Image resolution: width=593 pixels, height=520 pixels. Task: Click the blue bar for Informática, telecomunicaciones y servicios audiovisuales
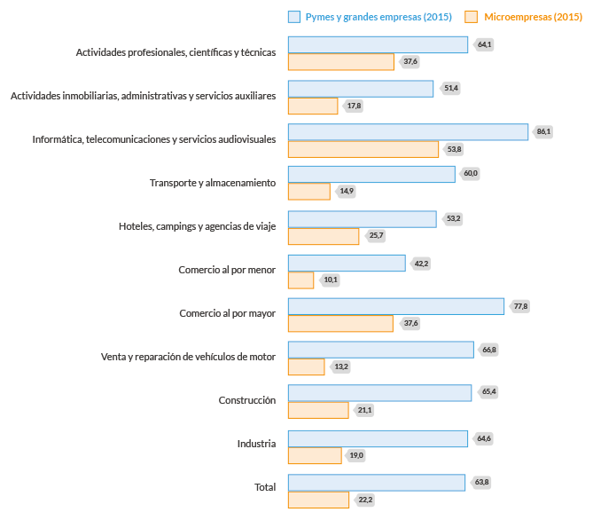point(408,132)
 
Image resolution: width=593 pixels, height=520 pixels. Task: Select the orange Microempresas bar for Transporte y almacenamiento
point(308,192)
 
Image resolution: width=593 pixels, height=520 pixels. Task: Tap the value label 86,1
point(543,131)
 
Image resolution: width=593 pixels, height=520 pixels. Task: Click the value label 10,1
point(331,280)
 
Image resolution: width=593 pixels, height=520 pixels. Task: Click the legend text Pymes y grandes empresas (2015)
point(378,17)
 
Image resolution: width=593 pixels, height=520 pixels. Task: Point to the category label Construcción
point(247,400)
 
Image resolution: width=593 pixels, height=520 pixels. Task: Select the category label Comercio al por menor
point(227,270)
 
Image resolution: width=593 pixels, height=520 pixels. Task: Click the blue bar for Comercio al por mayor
point(396,306)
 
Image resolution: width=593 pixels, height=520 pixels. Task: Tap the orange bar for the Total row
point(318,500)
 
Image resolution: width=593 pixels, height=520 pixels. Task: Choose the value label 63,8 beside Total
point(481,482)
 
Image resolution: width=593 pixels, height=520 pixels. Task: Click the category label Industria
point(256,444)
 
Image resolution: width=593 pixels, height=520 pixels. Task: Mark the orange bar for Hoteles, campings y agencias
point(324,236)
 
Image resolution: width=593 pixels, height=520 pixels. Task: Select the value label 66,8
point(489,350)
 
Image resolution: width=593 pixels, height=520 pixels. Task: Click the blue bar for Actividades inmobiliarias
point(361,89)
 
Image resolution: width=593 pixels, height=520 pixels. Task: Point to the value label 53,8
point(455,149)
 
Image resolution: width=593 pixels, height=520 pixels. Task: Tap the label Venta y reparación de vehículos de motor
point(189,357)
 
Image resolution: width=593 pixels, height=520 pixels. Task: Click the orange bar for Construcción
point(318,410)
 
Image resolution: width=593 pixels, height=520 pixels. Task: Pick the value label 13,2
point(341,366)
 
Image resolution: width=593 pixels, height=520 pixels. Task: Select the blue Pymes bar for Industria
point(378,438)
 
